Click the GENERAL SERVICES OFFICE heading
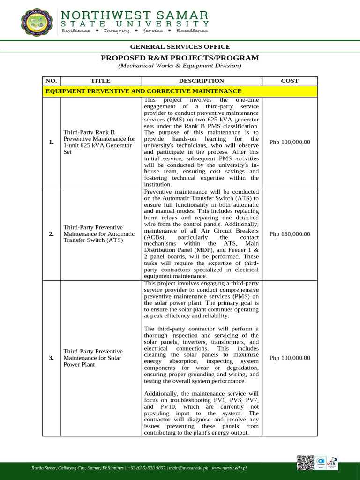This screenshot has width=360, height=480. click(180, 47)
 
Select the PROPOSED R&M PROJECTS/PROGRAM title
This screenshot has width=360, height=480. click(180, 58)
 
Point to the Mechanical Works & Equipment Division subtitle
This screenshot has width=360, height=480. click(180, 66)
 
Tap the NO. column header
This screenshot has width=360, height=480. click(51, 81)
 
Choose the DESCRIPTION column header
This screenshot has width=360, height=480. click(201, 81)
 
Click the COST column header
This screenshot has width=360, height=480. click(289, 81)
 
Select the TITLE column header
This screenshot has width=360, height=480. click(100, 81)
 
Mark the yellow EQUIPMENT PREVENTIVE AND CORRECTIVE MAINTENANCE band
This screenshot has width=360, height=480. click(180, 91)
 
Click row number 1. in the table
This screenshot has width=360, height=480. click(51, 142)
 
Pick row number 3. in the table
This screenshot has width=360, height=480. click(51, 358)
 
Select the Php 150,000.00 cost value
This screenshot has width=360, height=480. click(290, 234)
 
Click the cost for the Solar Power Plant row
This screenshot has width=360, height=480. click(290, 358)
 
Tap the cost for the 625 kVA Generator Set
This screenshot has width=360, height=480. click(290, 142)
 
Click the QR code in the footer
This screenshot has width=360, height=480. click(305, 462)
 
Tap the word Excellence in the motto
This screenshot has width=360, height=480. click(192, 31)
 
